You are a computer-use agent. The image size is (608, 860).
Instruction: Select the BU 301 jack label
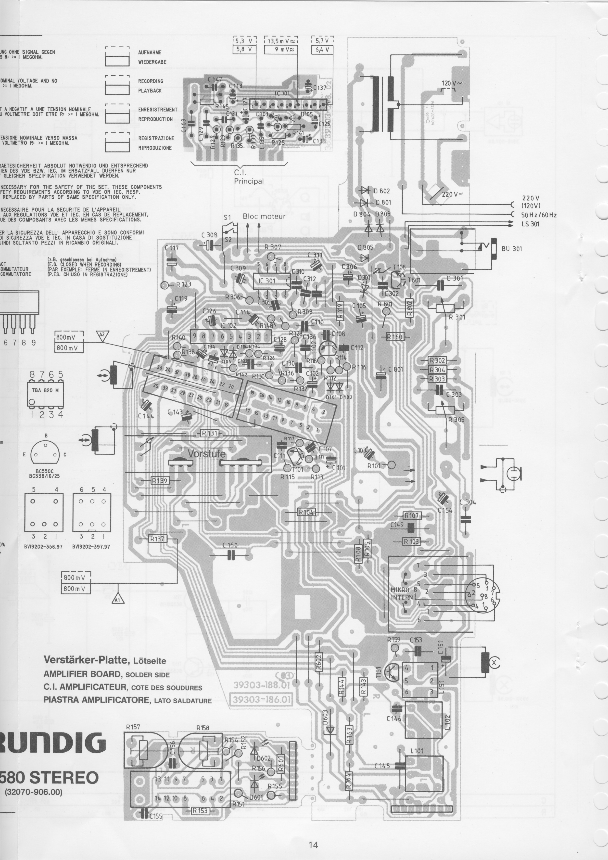(x=511, y=249)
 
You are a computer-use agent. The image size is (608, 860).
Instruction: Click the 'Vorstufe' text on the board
(x=207, y=454)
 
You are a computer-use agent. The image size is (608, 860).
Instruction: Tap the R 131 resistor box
(x=209, y=433)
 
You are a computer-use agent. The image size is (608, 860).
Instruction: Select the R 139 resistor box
(x=160, y=481)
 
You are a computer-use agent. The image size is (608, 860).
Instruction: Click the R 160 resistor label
(x=395, y=337)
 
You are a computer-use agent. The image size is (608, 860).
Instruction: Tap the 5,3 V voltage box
(x=244, y=41)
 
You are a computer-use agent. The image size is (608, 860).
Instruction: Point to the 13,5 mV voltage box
(x=281, y=41)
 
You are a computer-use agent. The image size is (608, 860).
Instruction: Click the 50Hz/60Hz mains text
(x=538, y=215)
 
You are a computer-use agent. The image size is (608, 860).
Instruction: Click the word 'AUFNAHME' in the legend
(x=150, y=53)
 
